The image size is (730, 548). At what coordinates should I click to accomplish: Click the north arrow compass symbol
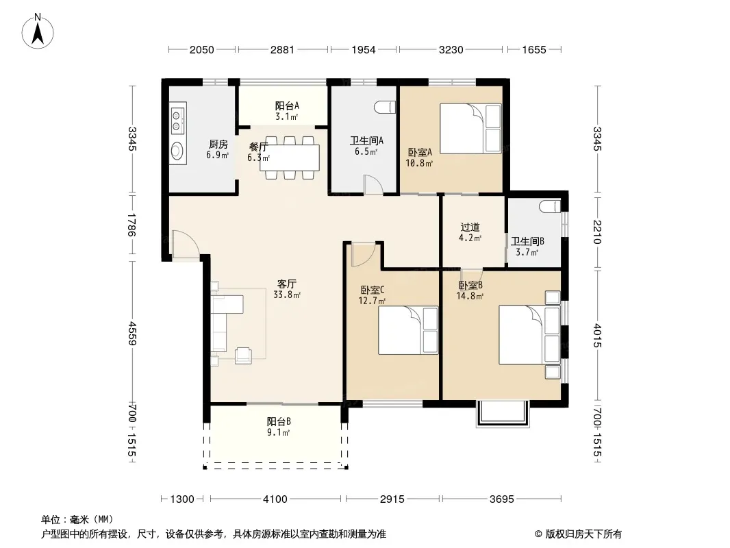tap(38, 32)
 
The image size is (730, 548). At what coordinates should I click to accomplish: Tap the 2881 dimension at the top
tap(282, 49)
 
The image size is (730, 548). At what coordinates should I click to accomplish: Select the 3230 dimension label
tap(451, 49)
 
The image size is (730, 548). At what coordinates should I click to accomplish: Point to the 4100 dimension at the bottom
tap(275, 499)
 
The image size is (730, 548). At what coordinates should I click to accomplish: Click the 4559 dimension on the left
tap(131, 334)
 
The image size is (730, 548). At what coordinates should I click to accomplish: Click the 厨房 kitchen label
tap(218, 145)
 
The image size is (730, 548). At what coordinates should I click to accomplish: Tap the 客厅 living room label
tap(286, 284)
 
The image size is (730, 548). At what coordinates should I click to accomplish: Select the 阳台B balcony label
tap(279, 421)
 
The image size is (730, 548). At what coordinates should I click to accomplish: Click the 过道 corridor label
tap(470, 227)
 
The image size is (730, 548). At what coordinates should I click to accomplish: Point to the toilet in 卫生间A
tap(385, 107)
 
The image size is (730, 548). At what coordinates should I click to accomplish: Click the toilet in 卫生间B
tap(550, 206)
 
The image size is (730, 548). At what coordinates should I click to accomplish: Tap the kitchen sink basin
tap(177, 150)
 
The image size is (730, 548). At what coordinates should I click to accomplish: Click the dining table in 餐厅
tap(292, 158)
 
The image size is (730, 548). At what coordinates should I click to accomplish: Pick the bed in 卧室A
tap(470, 129)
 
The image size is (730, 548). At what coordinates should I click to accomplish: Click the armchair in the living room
tap(243, 356)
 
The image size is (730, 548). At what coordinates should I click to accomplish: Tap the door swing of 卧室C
tap(363, 254)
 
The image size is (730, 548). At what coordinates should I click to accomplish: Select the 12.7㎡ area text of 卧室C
tap(372, 301)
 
